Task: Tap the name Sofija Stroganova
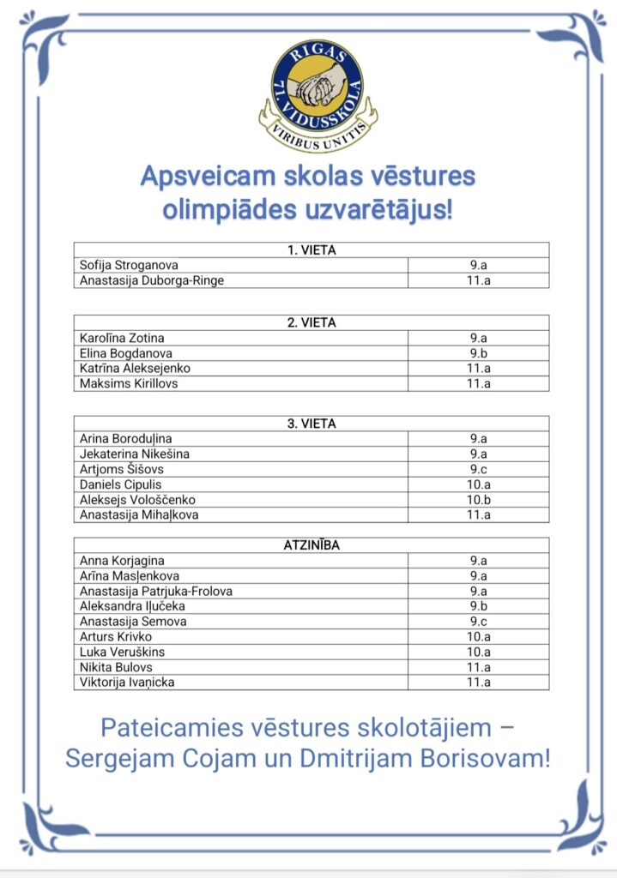[x=129, y=265]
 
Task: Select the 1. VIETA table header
[x=311, y=250]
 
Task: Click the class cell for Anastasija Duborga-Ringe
[x=479, y=280]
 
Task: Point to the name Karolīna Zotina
[x=122, y=338]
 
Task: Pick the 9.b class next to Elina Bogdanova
[x=479, y=353]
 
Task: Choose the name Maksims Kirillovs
[x=129, y=383]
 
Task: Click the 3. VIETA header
[x=311, y=424]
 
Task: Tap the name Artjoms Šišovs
[x=121, y=469]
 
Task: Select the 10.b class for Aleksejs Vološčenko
[x=479, y=500]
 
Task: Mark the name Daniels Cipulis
[x=121, y=484]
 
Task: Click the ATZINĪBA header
[x=311, y=545]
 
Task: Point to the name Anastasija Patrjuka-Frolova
[x=155, y=591]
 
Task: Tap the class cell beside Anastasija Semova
[x=479, y=622]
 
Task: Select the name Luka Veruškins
[x=122, y=652]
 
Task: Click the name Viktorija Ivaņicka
[x=132, y=683]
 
